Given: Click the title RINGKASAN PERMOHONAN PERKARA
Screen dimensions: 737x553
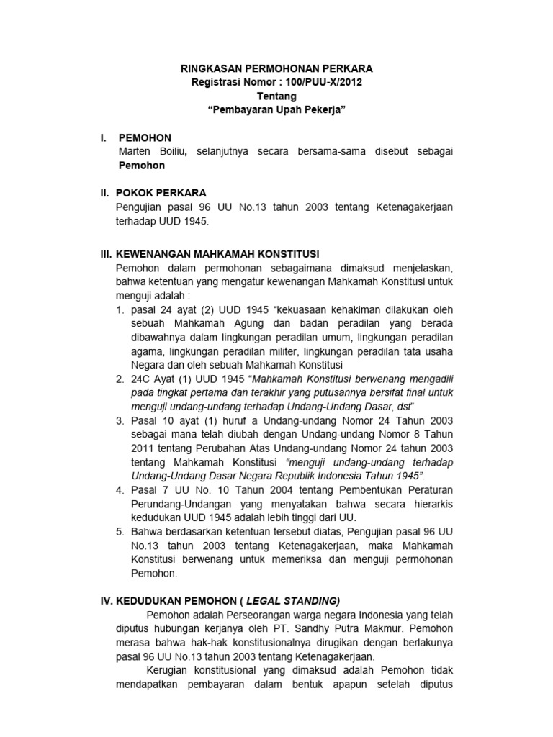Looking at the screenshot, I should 276,68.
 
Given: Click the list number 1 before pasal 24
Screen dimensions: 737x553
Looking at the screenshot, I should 120,309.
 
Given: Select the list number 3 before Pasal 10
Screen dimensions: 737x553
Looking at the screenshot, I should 120,420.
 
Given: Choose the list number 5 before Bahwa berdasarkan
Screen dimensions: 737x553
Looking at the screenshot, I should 120,531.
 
